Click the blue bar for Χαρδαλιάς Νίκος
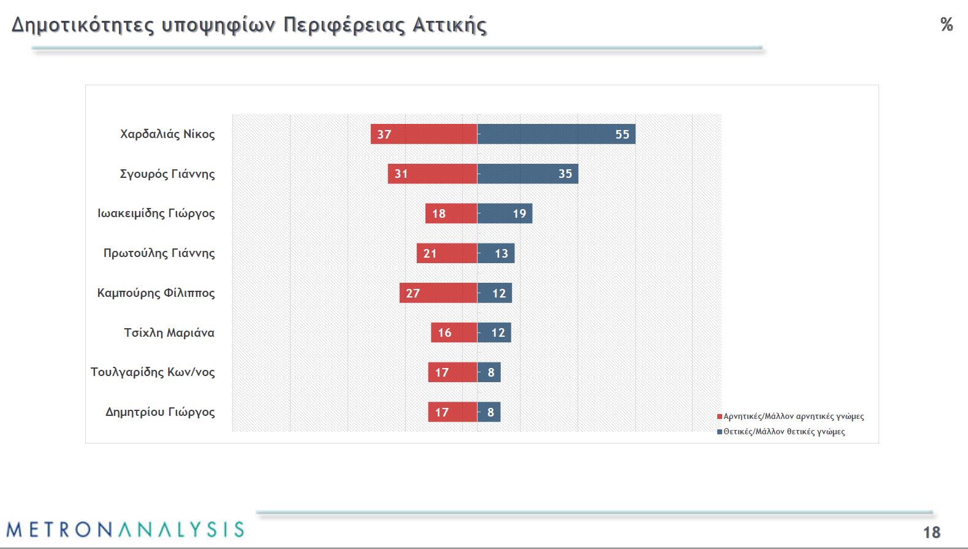click(556, 134)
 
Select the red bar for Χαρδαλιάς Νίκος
click(424, 134)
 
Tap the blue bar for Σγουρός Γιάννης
click(527, 174)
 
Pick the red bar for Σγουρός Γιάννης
click(432, 174)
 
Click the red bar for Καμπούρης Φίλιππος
click(438, 293)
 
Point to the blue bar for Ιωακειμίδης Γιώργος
click(505, 213)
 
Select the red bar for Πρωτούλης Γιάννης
click(446, 253)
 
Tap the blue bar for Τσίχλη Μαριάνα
click(494, 332)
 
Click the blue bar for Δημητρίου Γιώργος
click(489, 412)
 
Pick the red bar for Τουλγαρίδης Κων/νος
click(452, 372)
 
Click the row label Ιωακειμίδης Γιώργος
click(156, 213)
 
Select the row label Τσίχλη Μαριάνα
click(169, 332)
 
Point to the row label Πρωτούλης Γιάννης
click(159, 253)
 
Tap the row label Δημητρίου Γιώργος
click(160, 412)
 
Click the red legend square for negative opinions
click(720, 417)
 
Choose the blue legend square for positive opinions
click(720, 432)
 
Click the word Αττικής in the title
click(449, 25)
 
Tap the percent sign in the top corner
click(947, 25)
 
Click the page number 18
click(932, 532)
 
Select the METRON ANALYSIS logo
click(125, 529)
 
